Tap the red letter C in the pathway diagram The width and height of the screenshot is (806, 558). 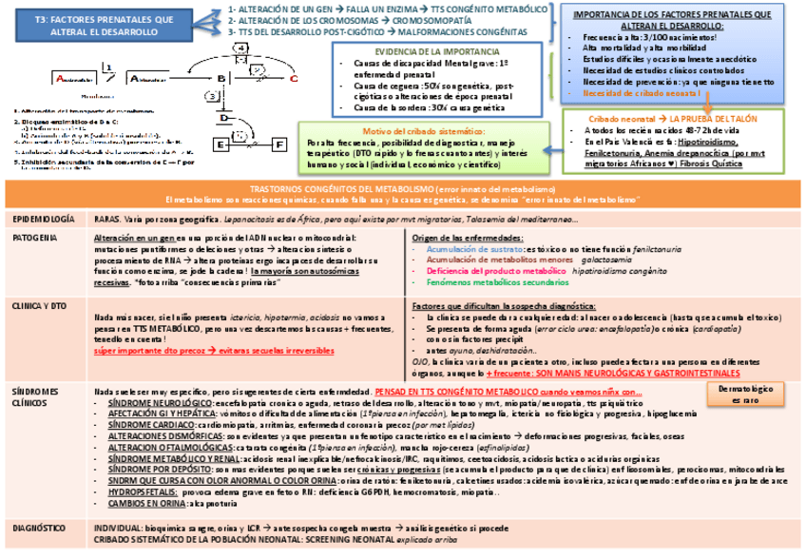coord(294,79)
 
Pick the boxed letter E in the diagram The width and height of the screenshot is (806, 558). coord(221,144)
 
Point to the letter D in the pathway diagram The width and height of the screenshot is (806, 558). coord(222,120)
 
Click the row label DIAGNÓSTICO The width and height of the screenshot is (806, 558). coord(39,527)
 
